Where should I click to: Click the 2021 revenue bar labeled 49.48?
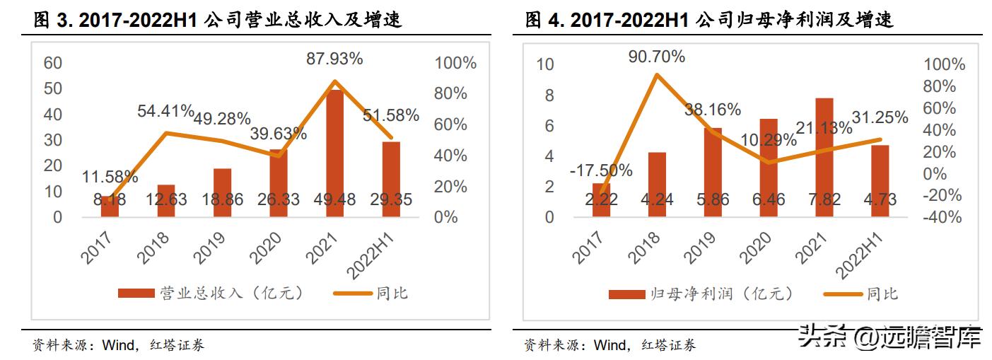tap(333, 152)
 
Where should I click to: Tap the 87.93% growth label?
tap(334, 59)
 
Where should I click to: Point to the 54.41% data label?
tap(165, 110)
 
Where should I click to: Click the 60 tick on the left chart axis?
tap(53, 63)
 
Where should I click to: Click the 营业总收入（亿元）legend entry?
tap(212, 293)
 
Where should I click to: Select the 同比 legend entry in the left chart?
tap(375, 293)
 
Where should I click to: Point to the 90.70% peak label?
tap(657, 57)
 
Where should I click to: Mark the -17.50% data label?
tap(600, 170)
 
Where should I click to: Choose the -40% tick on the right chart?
tap(944, 218)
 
